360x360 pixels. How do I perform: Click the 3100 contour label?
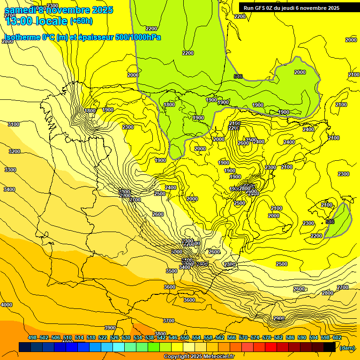(x=14, y=124)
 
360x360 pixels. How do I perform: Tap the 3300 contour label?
(x=10, y=170)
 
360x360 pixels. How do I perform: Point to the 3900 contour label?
(x=110, y=328)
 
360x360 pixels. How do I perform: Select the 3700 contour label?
(x=169, y=321)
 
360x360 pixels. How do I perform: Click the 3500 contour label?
(x=172, y=271)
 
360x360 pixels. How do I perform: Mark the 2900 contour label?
(x=278, y=318)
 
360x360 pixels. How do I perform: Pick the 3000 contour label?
(x=177, y=252)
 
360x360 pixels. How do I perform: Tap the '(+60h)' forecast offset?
(x=81, y=21)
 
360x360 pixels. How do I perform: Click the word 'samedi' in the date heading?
(x=19, y=10)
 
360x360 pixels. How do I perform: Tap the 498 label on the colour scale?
(x=32, y=338)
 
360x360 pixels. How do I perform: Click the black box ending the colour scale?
(x=330, y=347)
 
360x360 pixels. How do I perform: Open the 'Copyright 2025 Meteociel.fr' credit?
(x=199, y=357)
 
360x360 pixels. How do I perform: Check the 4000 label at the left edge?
(x=7, y=305)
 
